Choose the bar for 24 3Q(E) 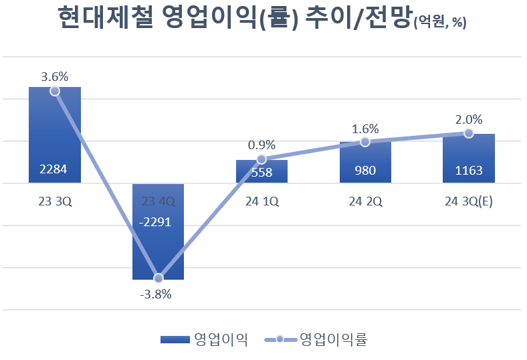(x=468, y=157)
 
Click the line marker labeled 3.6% (x=55, y=91)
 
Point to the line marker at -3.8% (x=159, y=278)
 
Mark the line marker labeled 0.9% (x=261, y=159)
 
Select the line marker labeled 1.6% (x=365, y=142)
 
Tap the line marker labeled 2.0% (x=468, y=133)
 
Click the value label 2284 (x=55, y=170)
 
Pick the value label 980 (x=365, y=170)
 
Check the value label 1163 (x=468, y=170)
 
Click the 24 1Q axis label (x=261, y=200)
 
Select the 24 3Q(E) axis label (x=468, y=200)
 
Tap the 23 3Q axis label (x=55, y=200)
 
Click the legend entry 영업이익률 (x=333, y=339)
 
